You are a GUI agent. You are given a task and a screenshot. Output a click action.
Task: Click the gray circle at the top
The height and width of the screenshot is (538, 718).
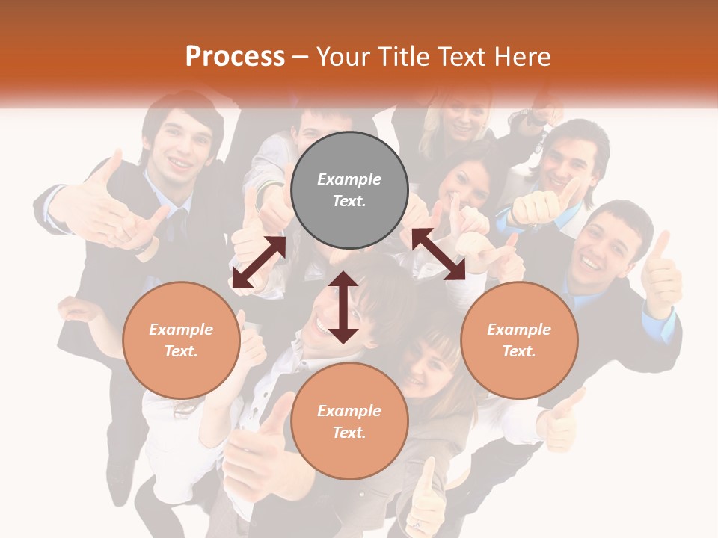pyautogui.click(x=349, y=191)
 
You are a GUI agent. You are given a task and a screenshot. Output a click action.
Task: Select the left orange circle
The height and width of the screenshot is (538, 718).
pyautogui.click(x=181, y=340)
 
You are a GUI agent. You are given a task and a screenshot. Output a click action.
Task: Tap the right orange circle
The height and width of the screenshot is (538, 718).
pyautogui.click(x=519, y=340)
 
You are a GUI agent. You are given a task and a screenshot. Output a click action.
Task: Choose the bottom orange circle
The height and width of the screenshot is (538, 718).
pyautogui.click(x=349, y=421)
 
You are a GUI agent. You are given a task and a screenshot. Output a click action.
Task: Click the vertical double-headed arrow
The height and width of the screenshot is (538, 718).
pyautogui.click(x=343, y=307)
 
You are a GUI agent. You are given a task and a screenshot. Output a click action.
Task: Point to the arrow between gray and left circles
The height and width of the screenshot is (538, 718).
pyautogui.click(x=259, y=262)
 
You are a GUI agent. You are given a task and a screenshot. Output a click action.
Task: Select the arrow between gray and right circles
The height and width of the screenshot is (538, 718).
pyautogui.click(x=438, y=254)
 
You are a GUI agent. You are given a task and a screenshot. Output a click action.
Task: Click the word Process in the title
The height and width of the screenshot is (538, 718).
pyautogui.click(x=235, y=56)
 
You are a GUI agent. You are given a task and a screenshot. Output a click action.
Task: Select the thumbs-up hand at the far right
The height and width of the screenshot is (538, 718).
pyautogui.click(x=662, y=276)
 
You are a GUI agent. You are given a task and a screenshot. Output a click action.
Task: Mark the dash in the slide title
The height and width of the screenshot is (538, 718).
pyautogui.click(x=301, y=57)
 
